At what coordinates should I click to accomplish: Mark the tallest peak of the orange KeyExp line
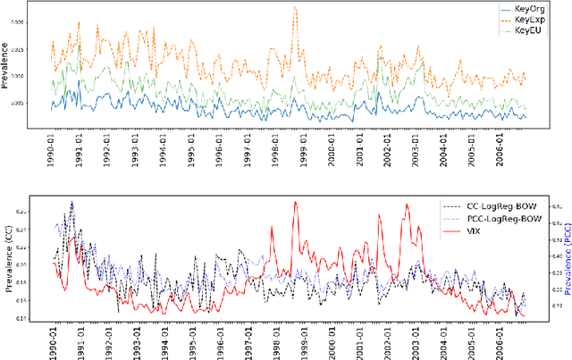pyautogui.click(x=295, y=7)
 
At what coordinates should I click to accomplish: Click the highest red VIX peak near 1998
pyautogui.click(x=296, y=202)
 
